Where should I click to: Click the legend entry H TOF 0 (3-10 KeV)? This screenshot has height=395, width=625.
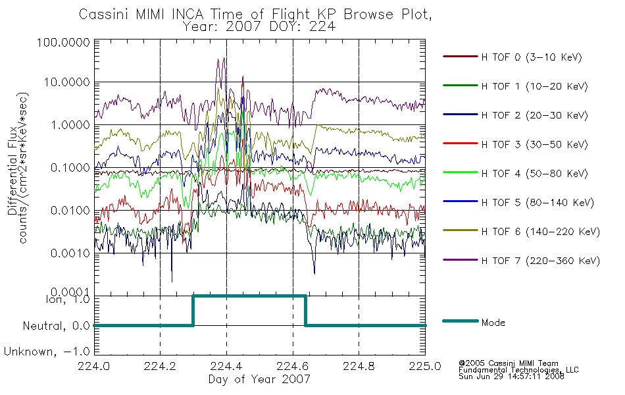(x=532, y=57)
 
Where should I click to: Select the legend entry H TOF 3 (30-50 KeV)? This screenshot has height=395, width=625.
(x=534, y=144)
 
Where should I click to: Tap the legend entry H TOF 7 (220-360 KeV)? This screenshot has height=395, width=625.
(x=540, y=261)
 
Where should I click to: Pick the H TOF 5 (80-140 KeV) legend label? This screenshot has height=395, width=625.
(x=537, y=203)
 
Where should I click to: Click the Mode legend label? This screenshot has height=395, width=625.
(x=493, y=323)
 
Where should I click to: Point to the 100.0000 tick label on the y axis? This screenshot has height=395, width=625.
(x=63, y=42)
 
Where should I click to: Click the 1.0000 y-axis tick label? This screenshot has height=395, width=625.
(x=70, y=125)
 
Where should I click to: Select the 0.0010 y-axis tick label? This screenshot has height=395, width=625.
(x=70, y=253)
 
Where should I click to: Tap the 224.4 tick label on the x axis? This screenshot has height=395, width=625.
(x=226, y=366)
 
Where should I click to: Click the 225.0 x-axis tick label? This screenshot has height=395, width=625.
(x=425, y=366)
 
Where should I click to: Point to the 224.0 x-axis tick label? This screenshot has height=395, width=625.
(x=94, y=366)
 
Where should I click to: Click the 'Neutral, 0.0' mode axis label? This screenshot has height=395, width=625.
(x=56, y=327)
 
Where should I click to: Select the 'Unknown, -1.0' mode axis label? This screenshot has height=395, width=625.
(x=47, y=352)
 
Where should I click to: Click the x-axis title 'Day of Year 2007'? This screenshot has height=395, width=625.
(x=259, y=379)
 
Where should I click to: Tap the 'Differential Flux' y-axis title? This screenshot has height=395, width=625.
(x=12, y=171)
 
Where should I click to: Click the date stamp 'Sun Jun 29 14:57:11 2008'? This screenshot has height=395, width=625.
(x=511, y=377)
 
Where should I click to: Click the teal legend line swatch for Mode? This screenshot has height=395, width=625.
(x=461, y=321)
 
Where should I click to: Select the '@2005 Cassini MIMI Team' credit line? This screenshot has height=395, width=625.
(x=508, y=363)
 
